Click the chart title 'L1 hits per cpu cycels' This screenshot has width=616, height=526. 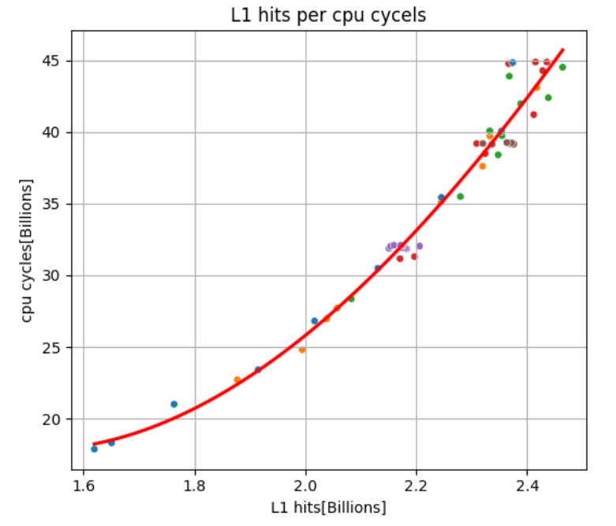tap(329, 15)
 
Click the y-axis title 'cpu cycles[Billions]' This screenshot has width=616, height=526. tap(28, 250)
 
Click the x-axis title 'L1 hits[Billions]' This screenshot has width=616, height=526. tap(329, 507)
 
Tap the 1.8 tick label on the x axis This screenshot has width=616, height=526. tap(195, 485)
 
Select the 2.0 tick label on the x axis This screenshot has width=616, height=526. tap(306, 485)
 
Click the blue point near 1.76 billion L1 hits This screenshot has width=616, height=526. tap(174, 405)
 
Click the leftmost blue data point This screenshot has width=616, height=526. tap(94, 449)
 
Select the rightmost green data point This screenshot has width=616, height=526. tap(562, 67)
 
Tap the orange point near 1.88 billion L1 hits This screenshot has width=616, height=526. tap(237, 380)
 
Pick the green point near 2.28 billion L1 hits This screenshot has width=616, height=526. tap(461, 196)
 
